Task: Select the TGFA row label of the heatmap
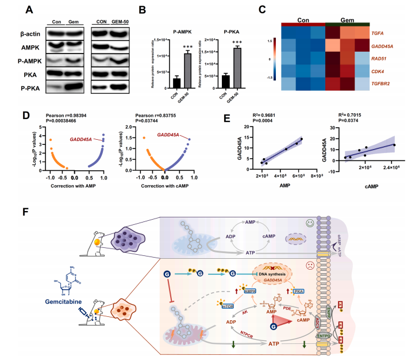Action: pyautogui.click(x=378, y=35)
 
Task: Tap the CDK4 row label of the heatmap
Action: pyautogui.click(x=378, y=72)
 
